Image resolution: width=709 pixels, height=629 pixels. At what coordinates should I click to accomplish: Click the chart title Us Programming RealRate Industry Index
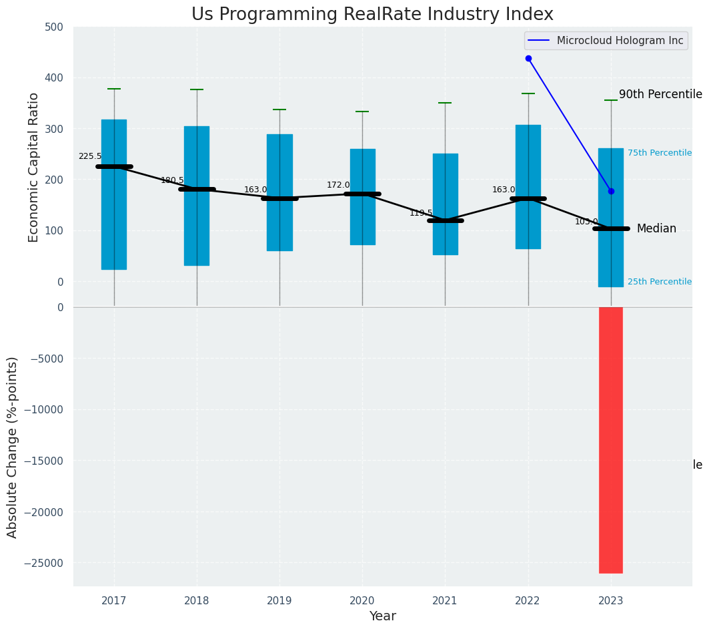point(372,15)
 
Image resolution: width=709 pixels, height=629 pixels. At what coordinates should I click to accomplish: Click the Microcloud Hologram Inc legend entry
point(620,41)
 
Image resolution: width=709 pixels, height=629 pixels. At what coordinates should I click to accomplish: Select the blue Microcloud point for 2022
point(528,59)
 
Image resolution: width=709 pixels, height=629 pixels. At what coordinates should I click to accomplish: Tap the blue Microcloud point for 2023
point(611,192)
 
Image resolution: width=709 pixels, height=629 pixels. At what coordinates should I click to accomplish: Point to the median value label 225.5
point(90,156)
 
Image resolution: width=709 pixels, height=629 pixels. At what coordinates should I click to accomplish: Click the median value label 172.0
point(338,185)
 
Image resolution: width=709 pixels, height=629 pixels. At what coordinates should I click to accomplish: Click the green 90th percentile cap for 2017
point(114,89)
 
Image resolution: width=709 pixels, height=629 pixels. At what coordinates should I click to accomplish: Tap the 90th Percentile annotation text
point(660,94)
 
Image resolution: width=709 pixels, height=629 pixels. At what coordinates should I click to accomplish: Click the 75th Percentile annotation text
point(660,153)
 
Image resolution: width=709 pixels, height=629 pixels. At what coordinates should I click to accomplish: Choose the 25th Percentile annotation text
point(660,282)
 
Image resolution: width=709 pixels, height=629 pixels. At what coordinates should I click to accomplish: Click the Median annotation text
point(656,229)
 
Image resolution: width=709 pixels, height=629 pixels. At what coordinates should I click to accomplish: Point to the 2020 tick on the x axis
point(362,600)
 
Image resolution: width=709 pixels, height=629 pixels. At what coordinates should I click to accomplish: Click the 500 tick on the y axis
point(54,27)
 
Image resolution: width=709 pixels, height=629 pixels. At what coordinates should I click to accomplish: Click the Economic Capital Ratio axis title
point(34,167)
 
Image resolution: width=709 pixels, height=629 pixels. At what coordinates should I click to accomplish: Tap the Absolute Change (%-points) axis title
point(13,447)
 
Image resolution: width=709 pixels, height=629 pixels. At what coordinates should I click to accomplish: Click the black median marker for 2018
point(197,189)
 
